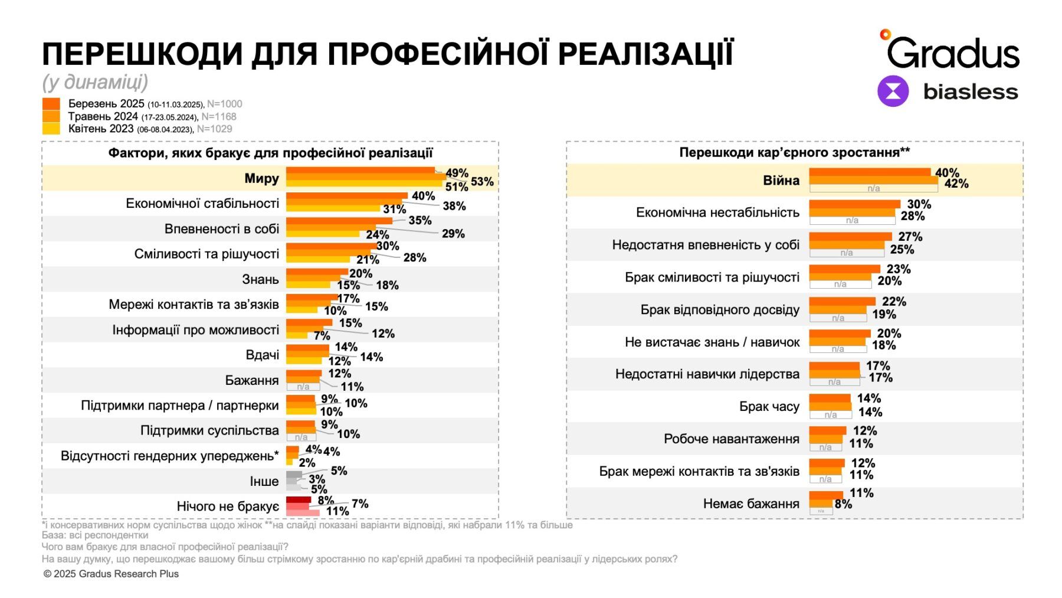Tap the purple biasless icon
click(893, 92)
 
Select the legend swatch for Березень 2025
click(51, 104)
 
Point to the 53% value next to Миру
click(482, 181)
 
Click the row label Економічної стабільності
click(202, 204)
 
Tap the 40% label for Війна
click(947, 172)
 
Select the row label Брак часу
click(769, 407)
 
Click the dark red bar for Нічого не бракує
click(298, 500)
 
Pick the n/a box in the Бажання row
click(303, 387)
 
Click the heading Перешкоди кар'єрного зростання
click(794, 152)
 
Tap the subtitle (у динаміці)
click(95, 81)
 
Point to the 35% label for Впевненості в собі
click(419, 220)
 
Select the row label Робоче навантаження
click(731, 439)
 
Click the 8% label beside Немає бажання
click(843, 504)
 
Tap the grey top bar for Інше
click(294, 474)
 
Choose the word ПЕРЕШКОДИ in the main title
click(142, 54)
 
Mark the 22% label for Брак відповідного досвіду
click(894, 302)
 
